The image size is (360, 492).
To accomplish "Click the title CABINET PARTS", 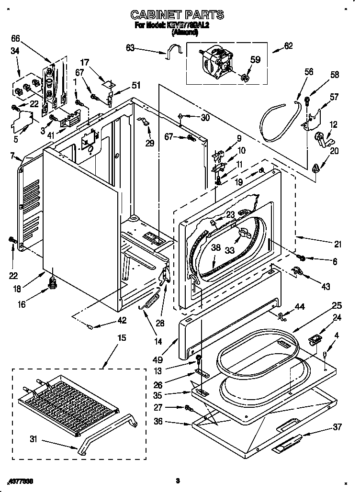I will [x=177, y=15].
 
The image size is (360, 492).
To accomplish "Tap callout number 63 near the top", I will [x=130, y=47].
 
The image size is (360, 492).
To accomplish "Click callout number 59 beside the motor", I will [x=255, y=60].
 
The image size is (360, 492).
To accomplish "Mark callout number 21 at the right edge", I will [x=337, y=244].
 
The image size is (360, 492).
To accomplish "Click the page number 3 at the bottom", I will [x=177, y=481].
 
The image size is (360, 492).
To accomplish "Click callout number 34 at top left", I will [x=15, y=51].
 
